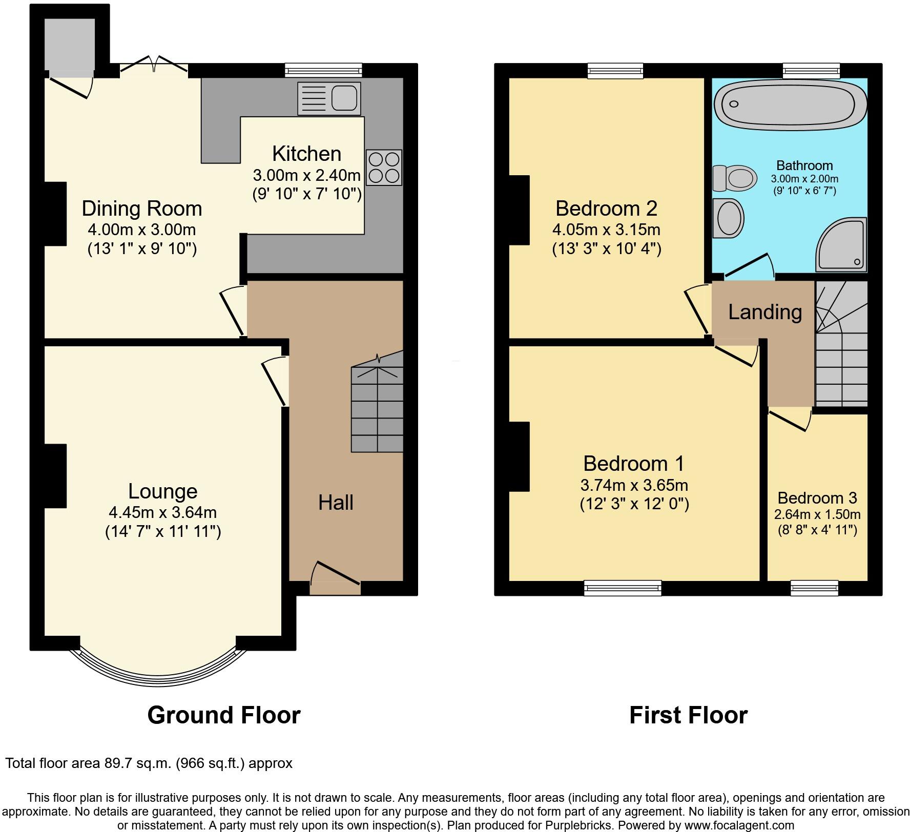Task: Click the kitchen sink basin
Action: point(344,98)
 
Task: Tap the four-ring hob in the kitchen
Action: point(384,167)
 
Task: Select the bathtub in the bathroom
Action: point(789,106)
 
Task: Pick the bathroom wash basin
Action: point(728,218)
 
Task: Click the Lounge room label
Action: point(162,491)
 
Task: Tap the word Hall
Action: point(336,502)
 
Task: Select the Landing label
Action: point(764,311)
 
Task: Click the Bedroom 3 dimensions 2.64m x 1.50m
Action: point(817,514)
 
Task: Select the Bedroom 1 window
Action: point(623,588)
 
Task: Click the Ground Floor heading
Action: point(223,715)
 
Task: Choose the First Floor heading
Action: point(688,715)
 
